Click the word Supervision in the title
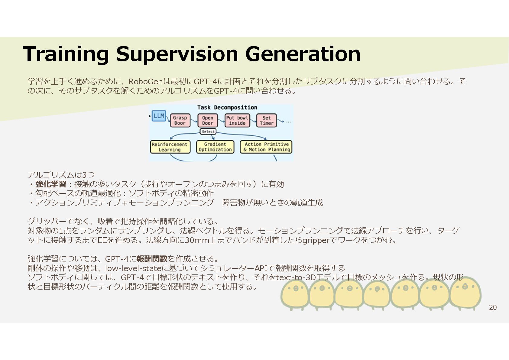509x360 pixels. click(178, 54)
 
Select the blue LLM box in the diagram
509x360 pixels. click(159, 116)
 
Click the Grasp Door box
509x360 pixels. click(180, 120)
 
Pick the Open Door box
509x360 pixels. click(207, 120)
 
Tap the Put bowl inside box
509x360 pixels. click(237, 120)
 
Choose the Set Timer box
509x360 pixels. click(266, 120)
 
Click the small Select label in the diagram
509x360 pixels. click(208, 131)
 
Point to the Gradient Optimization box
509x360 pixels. click(215, 147)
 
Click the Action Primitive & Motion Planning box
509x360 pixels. click(266, 147)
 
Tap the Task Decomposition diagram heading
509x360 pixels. click(227, 107)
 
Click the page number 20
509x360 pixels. click(493, 307)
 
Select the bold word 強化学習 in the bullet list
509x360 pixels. click(51, 184)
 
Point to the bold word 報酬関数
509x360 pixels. click(152, 259)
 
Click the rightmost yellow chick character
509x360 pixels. click(465, 292)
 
